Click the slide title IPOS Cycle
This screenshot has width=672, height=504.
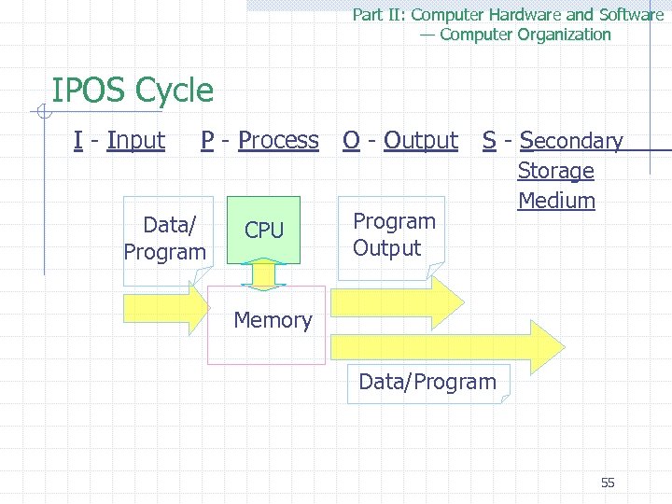point(133,91)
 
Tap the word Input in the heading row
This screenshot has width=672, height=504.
point(135,140)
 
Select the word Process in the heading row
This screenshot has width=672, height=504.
point(278,140)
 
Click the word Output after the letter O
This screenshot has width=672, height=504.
point(420,140)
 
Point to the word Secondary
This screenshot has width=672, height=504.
point(570,141)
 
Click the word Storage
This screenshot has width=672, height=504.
point(555,171)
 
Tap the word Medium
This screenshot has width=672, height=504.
point(556,201)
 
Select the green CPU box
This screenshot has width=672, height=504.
point(264,229)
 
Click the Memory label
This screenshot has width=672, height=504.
point(273,320)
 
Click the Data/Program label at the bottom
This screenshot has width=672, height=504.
point(427,382)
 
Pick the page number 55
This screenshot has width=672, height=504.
point(608,483)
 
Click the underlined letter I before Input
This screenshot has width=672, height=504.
point(77,140)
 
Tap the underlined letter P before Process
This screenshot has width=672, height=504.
point(207,140)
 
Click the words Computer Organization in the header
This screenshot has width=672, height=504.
point(525,35)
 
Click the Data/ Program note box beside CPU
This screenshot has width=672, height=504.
point(165,238)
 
